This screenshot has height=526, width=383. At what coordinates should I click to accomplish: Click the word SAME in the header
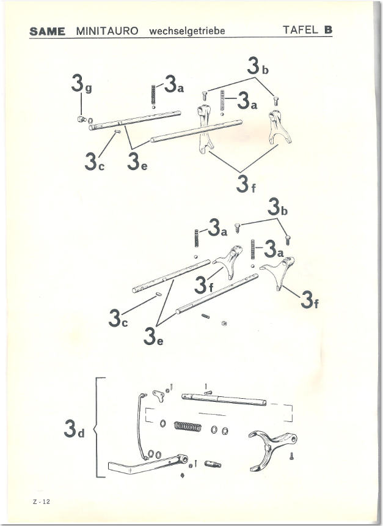pos(47,31)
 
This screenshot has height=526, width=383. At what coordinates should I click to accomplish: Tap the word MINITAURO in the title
pos(108,31)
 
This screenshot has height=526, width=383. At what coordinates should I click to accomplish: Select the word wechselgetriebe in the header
pos(187,31)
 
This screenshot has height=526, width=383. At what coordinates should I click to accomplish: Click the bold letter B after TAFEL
pos(328,30)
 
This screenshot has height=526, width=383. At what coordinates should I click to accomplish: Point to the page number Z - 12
pos(42,502)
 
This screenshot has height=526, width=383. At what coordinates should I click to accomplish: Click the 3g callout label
pos(81,84)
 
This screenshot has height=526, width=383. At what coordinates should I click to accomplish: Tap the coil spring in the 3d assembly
pos(188,426)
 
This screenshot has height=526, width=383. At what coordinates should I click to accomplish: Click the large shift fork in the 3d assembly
pos(272,450)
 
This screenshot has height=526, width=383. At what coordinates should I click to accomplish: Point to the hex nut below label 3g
pos(81,119)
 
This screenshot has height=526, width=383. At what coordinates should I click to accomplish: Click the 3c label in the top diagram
pos(95,161)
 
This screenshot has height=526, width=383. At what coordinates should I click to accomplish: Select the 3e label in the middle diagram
pos(153,336)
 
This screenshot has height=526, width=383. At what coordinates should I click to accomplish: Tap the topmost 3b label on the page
pos(258,66)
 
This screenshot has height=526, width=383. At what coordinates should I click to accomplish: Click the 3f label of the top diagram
pos(246,184)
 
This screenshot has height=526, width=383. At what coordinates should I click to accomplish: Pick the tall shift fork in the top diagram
pos(205,129)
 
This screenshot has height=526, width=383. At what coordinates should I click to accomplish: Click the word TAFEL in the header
pos(301,30)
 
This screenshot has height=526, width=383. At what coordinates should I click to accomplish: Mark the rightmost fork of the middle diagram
pos(277,272)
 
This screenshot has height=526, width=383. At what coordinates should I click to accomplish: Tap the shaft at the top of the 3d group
pos(224,399)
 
